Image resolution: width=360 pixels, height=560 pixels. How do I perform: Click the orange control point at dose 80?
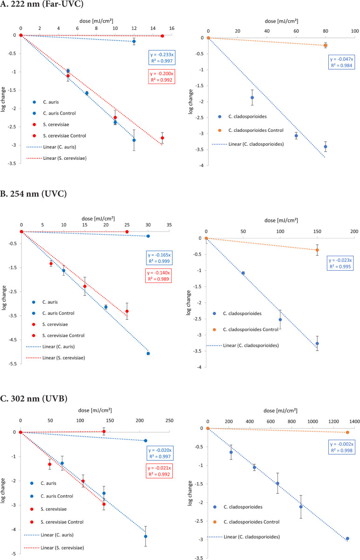pyautogui.click(x=326, y=45)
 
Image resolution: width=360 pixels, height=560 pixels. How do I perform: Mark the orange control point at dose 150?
pyautogui.click(x=317, y=250)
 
